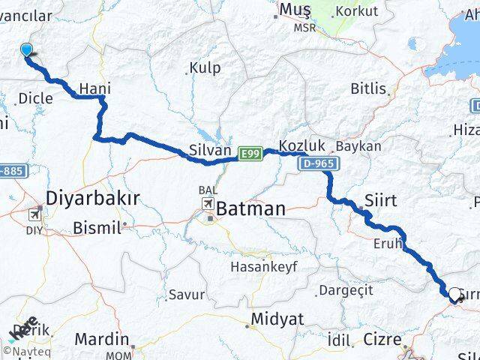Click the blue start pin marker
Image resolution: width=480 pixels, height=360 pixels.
[x=27, y=50]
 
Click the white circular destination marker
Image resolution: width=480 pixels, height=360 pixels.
[x=454, y=295]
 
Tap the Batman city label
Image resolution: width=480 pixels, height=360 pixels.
[x=251, y=208]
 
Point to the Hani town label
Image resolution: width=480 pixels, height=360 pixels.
[x=94, y=89]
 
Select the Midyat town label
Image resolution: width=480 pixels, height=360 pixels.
[x=278, y=320]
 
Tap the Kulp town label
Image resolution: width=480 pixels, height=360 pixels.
[x=205, y=68]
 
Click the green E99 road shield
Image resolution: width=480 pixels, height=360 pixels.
[x=250, y=154]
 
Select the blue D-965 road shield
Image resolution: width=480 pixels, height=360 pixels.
[x=319, y=163]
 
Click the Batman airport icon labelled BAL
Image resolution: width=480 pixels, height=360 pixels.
[x=206, y=204]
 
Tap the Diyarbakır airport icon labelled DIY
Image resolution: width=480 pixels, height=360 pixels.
[x=34, y=214]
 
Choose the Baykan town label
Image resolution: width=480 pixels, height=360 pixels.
[x=358, y=146]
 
